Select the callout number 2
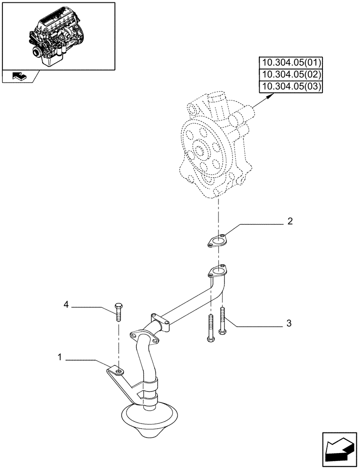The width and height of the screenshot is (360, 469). [290, 221]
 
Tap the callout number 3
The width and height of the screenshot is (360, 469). [289, 323]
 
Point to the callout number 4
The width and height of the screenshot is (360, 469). [66, 306]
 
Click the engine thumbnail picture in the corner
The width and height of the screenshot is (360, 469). [58, 35]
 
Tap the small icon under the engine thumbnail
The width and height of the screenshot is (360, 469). [19, 76]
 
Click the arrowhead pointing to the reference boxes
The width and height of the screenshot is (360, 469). [269, 96]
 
